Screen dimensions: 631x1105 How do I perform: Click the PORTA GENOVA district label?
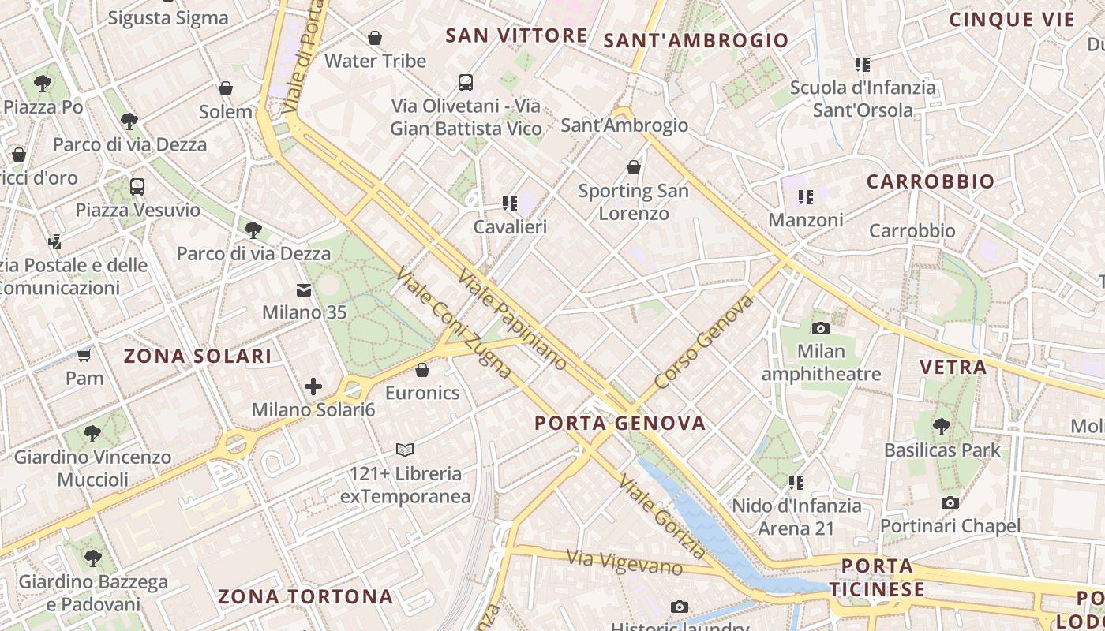(x=620, y=424)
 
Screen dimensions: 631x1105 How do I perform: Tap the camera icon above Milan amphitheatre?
(x=821, y=328)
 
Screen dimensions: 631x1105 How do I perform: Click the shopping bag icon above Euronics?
(x=422, y=370)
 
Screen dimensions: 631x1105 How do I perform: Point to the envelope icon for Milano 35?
(x=304, y=290)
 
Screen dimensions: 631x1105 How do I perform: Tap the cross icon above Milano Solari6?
(x=313, y=386)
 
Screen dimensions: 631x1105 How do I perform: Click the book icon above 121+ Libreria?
(x=405, y=450)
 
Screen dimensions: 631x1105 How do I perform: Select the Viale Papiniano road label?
(x=511, y=320)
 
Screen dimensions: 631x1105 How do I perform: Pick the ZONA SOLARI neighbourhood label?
(x=197, y=357)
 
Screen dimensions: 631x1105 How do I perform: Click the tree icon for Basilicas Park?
(x=941, y=427)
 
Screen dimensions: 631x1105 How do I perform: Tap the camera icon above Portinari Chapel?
(x=950, y=502)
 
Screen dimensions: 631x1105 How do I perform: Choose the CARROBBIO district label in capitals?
(x=931, y=182)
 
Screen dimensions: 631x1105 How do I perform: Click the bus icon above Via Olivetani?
(x=466, y=82)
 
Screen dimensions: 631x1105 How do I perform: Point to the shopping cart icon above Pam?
(x=84, y=355)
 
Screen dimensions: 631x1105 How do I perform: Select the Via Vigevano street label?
(x=624, y=562)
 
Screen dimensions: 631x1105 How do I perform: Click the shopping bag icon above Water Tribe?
(x=375, y=37)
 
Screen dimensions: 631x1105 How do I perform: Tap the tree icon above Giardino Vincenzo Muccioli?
(x=92, y=433)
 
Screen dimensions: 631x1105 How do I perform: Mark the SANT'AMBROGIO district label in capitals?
(x=695, y=41)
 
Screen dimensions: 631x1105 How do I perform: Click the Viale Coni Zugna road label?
(x=453, y=322)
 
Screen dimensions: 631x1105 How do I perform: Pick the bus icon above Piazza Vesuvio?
(x=137, y=187)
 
